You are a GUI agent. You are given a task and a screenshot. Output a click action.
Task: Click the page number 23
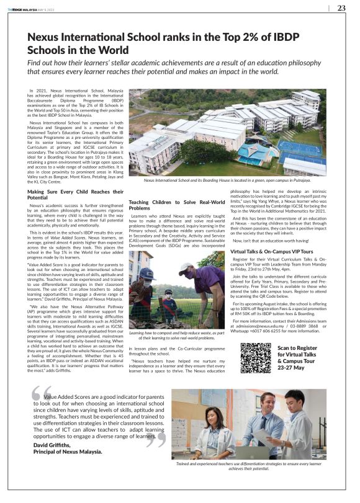tap(341, 8)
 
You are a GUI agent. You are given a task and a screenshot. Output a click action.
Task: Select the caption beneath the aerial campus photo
tap(227, 179)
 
